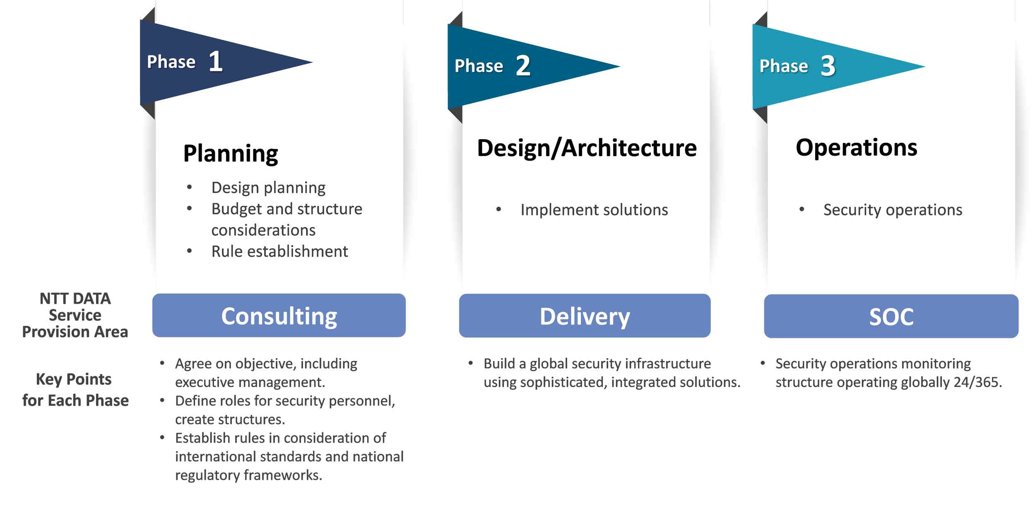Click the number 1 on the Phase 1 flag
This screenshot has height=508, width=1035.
[215, 61]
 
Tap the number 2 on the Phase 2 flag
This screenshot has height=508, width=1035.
[523, 66]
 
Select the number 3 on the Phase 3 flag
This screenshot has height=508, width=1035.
[828, 66]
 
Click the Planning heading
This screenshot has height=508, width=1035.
[231, 153]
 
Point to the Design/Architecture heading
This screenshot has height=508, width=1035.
[587, 148]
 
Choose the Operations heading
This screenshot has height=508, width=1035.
[856, 147]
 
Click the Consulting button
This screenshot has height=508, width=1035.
[279, 316]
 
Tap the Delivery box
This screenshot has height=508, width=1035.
[585, 316]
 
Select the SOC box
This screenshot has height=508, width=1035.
[891, 317]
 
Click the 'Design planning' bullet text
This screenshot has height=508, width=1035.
[268, 188]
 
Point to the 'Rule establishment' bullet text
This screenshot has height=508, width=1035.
[279, 251]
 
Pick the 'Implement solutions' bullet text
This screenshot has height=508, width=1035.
[594, 210]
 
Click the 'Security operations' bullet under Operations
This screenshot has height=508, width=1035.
[893, 210]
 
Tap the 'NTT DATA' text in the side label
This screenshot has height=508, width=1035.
[75, 299]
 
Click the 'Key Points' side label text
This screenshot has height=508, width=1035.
[74, 379]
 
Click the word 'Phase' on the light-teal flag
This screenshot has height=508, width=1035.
[783, 66]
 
